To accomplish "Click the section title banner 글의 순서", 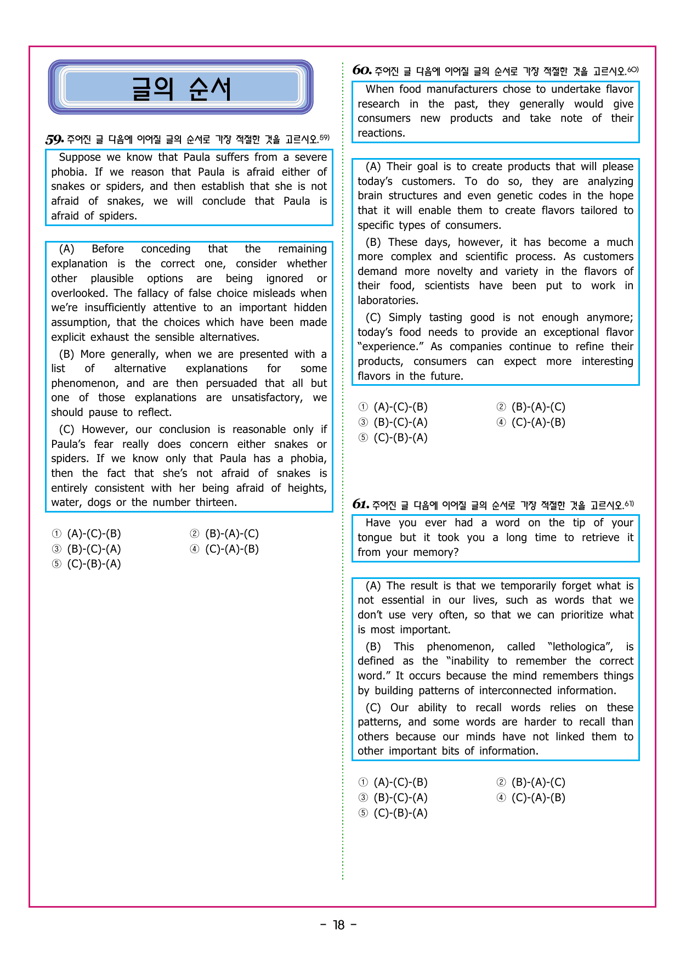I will pyautogui.click(x=181, y=88).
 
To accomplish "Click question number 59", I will pyautogui.click(x=54, y=139).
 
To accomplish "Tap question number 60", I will pyautogui.click(x=361, y=70).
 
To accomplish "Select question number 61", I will pyautogui.click(x=360, y=504).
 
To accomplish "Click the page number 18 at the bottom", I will pyautogui.click(x=339, y=925).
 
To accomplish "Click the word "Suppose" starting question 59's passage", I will pyautogui.click(x=80, y=157).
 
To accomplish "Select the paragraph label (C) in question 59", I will pyautogui.click(x=66, y=430).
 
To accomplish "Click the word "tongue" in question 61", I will pyautogui.click(x=375, y=538).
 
